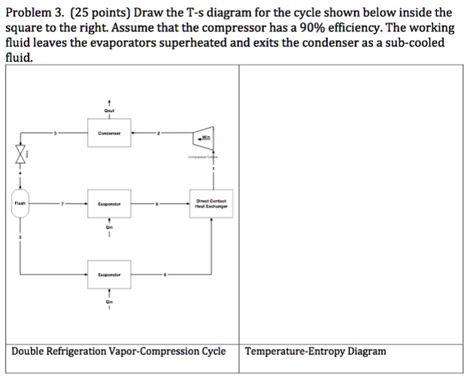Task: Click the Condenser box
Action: click(x=110, y=134)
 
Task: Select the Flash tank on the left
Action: click(x=20, y=203)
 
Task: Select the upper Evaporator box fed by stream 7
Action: click(x=110, y=203)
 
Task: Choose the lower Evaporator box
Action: click(x=110, y=275)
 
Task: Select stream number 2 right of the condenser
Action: click(x=158, y=134)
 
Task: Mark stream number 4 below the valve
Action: click(x=20, y=174)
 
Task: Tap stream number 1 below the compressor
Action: click(x=214, y=169)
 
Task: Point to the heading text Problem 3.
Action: click(x=33, y=13)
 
